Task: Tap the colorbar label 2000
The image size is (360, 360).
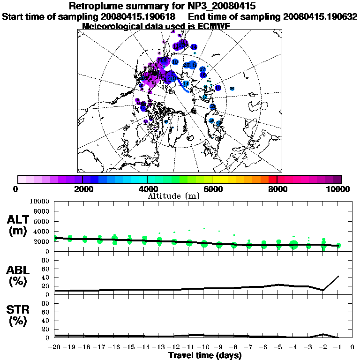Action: [82, 189]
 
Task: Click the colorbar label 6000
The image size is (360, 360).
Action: [212, 189]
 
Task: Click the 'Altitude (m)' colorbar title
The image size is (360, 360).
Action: [174, 196]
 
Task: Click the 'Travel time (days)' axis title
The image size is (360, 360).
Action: [205, 356]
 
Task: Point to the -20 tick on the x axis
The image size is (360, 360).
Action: [55, 348]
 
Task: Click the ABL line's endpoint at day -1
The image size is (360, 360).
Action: [338, 276]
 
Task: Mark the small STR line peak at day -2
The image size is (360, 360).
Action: [323, 334]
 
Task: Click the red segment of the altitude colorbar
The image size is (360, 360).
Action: [273, 179]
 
